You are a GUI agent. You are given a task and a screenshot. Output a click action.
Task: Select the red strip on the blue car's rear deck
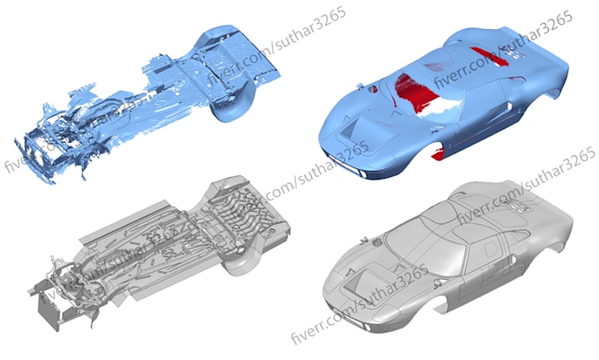490,56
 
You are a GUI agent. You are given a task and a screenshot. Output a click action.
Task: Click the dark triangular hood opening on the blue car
349,129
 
